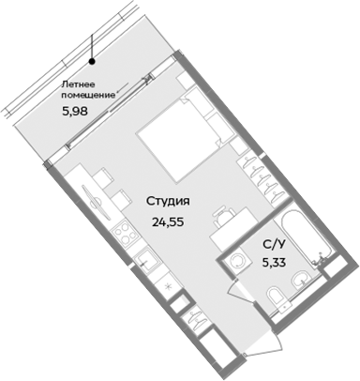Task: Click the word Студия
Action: point(169,201)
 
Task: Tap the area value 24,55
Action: point(169,222)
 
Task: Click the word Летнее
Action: point(79,84)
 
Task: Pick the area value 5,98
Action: point(77,111)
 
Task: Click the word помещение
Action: point(89,96)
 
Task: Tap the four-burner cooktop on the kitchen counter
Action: point(120,231)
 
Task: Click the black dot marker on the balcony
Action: point(92,62)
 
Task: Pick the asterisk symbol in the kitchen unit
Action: point(167,282)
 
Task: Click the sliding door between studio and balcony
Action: point(112,111)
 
